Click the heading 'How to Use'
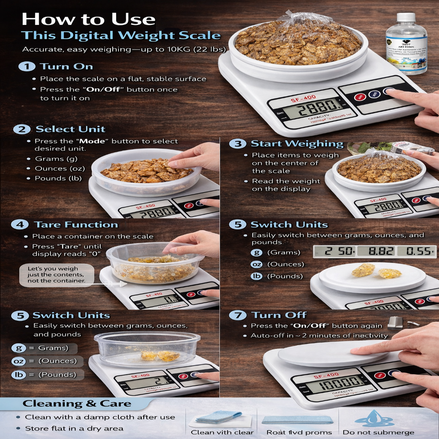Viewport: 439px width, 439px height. click(x=88, y=19)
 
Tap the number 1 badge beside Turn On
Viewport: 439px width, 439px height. click(x=27, y=66)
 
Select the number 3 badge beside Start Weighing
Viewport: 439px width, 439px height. click(x=237, y=144)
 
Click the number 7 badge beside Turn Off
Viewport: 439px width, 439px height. click(x=237, y=316)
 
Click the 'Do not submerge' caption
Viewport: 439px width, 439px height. click(x=378, y=432)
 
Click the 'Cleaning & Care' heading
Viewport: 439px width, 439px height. click(x=77, y=403)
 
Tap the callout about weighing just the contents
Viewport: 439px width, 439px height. click(x=56, y=275)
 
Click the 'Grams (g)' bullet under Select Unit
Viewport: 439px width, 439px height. click(x=56, y=159)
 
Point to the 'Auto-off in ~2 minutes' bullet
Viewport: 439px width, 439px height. click(x=319, y=336)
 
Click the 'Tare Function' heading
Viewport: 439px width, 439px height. click(x=76, y=225)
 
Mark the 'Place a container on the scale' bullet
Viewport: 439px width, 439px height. click(x=93, y=236)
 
